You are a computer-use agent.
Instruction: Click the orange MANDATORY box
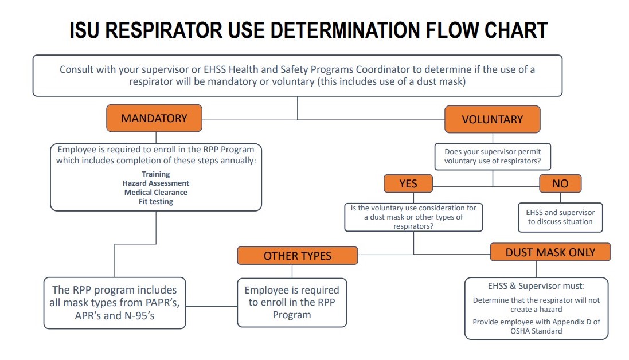point(154,119)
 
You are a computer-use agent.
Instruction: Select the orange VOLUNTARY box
point(492,119)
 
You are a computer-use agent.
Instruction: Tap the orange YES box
point(408,183)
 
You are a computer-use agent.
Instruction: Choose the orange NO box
point(560,183)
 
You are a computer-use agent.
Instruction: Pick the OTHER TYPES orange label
point(297,256)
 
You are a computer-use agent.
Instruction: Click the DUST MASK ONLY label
point(550,252)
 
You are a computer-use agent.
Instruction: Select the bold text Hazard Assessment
point(155,183)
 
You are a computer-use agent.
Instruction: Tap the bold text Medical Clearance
point(155,192)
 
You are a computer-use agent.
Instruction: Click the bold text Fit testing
point(155,201)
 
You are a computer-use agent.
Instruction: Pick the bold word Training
point(155,174)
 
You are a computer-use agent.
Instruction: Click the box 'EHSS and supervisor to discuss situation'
point(560,217)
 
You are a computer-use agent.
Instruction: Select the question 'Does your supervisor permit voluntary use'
point(493,156)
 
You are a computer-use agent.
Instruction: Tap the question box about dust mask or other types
point(413,217)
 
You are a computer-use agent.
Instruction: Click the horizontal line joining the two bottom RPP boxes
point(212,306)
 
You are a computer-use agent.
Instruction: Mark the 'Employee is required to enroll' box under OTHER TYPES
point(292,302)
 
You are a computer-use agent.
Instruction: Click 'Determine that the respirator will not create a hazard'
point(536,304)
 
